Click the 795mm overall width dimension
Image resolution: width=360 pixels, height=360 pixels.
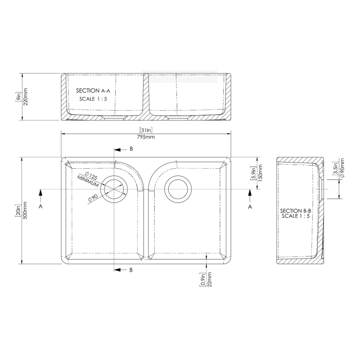[146, 137]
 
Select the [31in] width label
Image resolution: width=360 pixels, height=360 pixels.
[146, 130]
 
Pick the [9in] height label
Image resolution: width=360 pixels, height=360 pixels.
[18, 96]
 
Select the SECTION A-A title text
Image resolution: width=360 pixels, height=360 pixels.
[93, 90]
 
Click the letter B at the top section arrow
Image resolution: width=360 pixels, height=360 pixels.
[131, 149]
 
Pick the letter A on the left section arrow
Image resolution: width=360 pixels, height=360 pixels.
[41, 206]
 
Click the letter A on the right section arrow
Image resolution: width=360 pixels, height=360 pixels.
[250, 206]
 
